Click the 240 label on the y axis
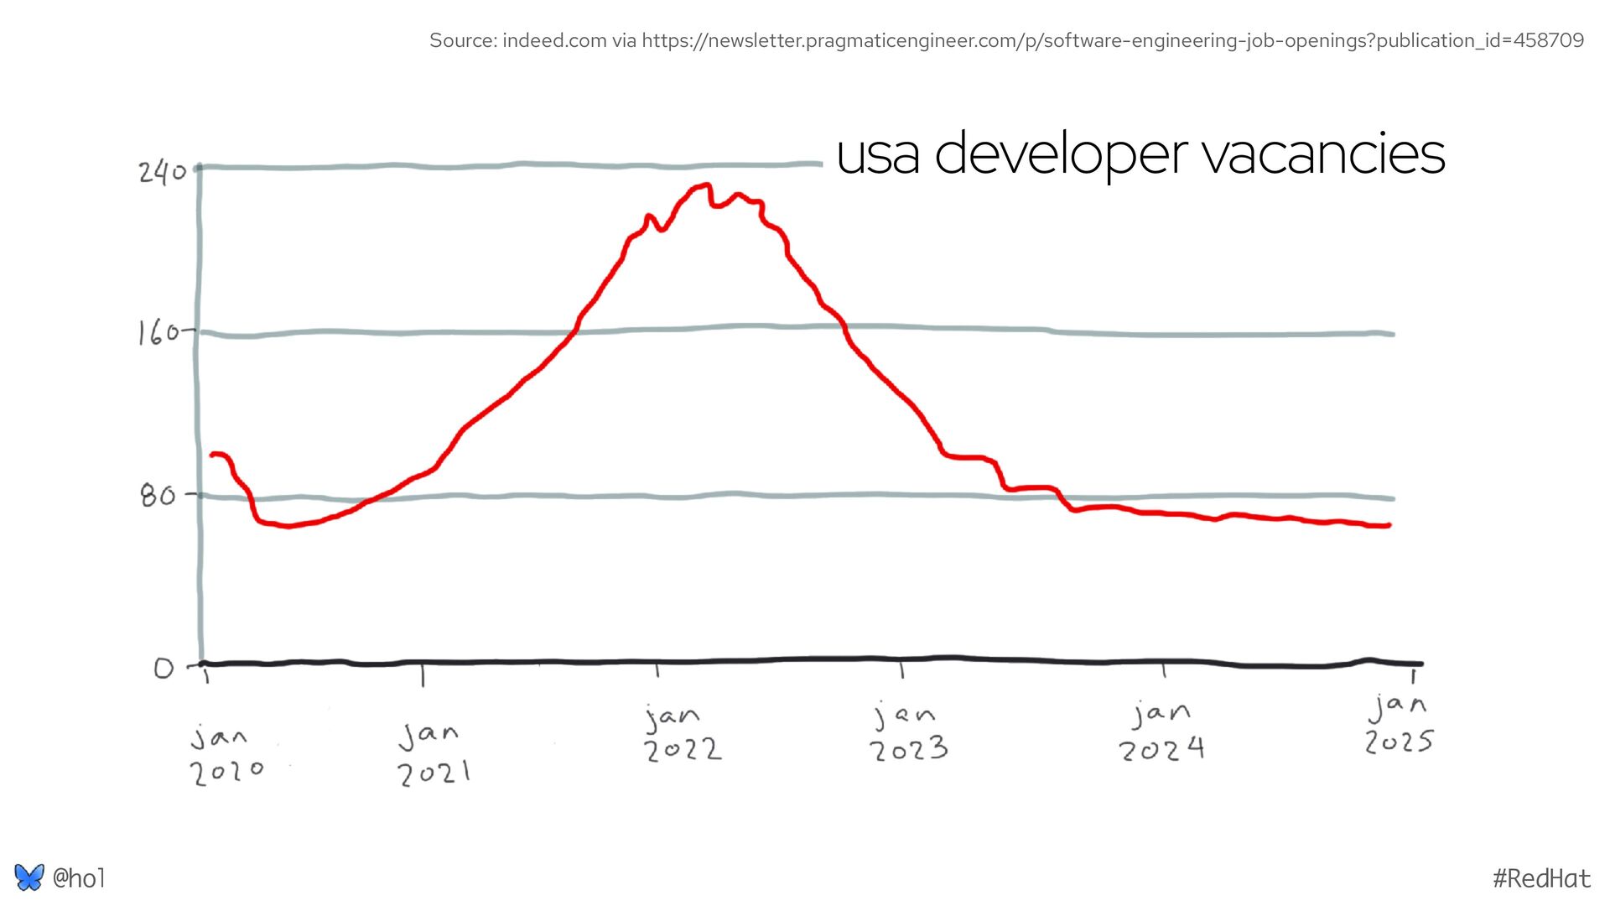(x=162, y=172)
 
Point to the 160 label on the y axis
(x=158, y=333)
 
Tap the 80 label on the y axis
(x=158, y=496)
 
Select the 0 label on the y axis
(x=164, y=668)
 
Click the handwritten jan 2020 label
(x=226, y=755)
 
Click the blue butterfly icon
(x=29, y=877)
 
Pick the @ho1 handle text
(x=79, y=878)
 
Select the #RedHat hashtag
(x=1541, y=878)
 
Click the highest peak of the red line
(x=707, y=185)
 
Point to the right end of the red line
(x=1389, y=525)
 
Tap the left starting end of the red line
(x=213, y=455)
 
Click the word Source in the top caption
(x=462, y=40)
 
